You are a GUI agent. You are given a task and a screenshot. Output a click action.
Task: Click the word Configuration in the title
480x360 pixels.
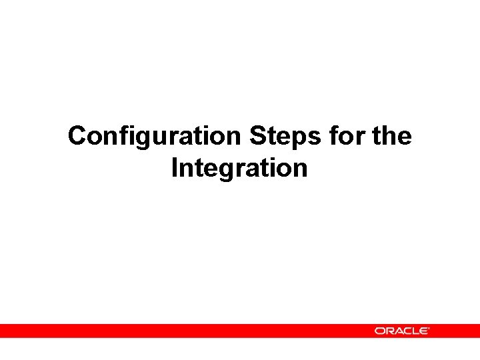click(154, 137)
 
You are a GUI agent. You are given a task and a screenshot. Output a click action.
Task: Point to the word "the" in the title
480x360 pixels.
click(393, 136)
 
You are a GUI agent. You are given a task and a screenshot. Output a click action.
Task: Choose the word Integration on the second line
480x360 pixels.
click(239, 168)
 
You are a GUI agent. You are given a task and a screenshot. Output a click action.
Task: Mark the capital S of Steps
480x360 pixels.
click(258, 136)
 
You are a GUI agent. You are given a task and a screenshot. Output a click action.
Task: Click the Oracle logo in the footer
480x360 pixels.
click(401, 331)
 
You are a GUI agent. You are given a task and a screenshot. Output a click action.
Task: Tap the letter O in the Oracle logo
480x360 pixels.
click(379, 331)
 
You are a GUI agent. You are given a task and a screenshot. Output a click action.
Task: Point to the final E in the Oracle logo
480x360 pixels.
click(423, 331)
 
